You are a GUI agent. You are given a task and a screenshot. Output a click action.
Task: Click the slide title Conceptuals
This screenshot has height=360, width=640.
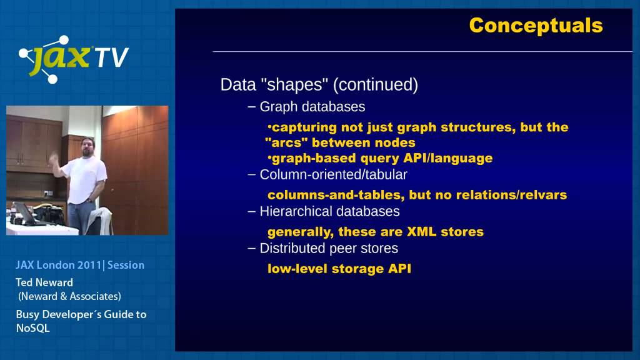click(536, 26)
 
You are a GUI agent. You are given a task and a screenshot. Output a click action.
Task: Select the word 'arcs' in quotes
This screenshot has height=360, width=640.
click(286, 142)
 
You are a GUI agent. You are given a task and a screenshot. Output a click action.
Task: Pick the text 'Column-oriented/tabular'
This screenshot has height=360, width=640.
click(334, 175)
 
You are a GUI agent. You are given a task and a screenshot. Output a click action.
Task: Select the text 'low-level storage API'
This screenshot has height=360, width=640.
click(339, 269)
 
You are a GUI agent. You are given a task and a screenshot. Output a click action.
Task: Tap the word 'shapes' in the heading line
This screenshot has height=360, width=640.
click(294, 84)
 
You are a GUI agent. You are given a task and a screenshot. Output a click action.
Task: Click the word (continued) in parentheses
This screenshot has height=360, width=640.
click(376, 85)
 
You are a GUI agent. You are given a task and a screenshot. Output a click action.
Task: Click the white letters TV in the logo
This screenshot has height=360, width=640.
click(111, 57)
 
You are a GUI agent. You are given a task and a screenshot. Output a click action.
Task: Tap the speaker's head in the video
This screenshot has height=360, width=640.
click(87, 146)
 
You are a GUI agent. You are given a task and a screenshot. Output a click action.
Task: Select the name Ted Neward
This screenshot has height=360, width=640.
click(44, 282)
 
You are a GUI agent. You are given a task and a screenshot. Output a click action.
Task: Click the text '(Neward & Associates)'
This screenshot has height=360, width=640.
click(69, 296)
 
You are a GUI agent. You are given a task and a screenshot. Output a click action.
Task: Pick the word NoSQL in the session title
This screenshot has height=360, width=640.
click(32, 328)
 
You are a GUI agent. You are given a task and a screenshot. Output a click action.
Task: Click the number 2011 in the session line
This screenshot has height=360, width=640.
click(89, 265)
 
